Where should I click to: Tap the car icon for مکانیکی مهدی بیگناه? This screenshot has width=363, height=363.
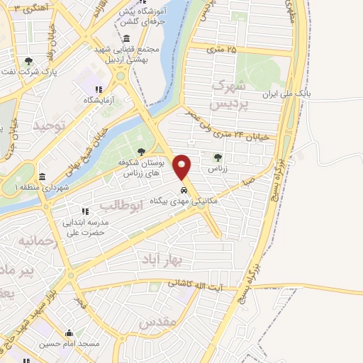(x=184, y=190)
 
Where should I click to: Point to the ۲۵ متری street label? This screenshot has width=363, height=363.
(x=225, y=48)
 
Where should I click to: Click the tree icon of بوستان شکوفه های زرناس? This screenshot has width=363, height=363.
(x=141, y=150)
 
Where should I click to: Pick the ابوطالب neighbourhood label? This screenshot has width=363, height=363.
(x=121, y=206)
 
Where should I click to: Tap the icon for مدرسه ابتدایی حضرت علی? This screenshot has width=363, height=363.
(x=84, y=211)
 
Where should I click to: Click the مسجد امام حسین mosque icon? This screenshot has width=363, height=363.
(x=69, y=333)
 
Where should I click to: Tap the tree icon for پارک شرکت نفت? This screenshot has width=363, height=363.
(x=28, y=61)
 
